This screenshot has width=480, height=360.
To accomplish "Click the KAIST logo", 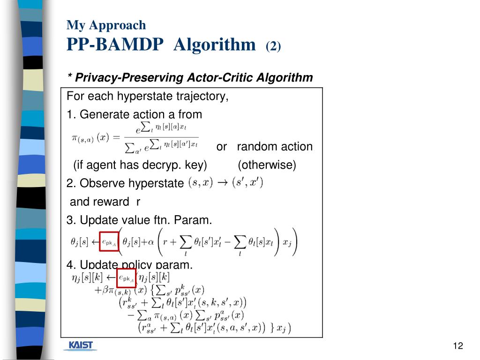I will [81, 346].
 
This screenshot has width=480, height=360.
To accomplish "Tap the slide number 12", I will [458, 346].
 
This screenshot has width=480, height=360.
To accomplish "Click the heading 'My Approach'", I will [106, 25].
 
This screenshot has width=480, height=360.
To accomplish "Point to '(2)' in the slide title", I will [273, 46].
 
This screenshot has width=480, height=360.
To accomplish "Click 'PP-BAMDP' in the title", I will [115, 45].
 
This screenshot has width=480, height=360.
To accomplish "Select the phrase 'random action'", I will [275, 147].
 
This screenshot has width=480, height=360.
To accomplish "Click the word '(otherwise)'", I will [267, 165].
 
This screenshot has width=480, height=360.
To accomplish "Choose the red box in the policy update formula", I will [126, 278].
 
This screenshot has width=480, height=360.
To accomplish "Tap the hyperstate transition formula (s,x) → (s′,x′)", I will [225, 182].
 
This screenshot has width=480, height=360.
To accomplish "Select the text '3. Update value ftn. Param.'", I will [139, 219].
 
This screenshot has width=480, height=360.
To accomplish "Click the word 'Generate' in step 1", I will [101, 114].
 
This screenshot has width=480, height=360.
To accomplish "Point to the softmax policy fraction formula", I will [136, 137].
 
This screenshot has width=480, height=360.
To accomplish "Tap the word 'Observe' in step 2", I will [99, 183].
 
